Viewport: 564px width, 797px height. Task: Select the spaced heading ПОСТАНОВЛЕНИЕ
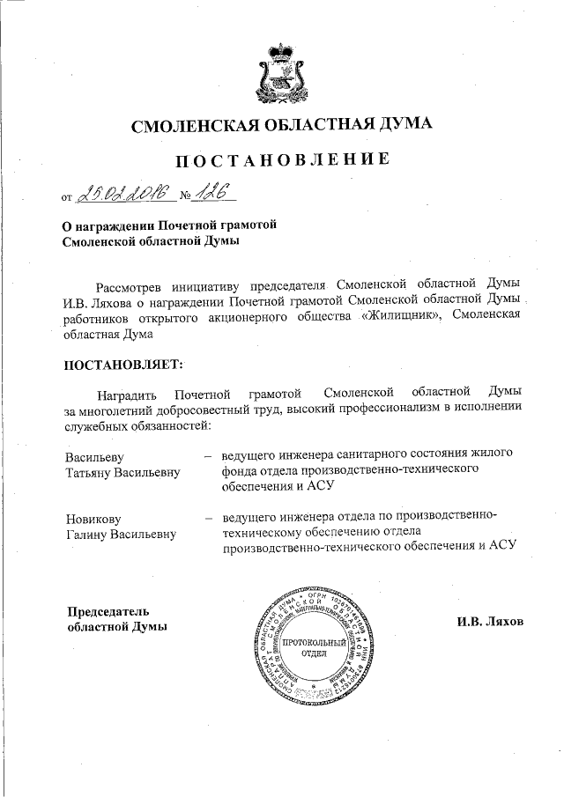click(x=281, y=160)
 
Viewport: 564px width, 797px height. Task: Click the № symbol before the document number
click(x=186, y=195)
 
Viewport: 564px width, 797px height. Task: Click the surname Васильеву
click(x=94, y=455)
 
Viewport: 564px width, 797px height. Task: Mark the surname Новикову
click(x=93, y=518)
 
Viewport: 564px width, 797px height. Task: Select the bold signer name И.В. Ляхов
click(x=489, y=621)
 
